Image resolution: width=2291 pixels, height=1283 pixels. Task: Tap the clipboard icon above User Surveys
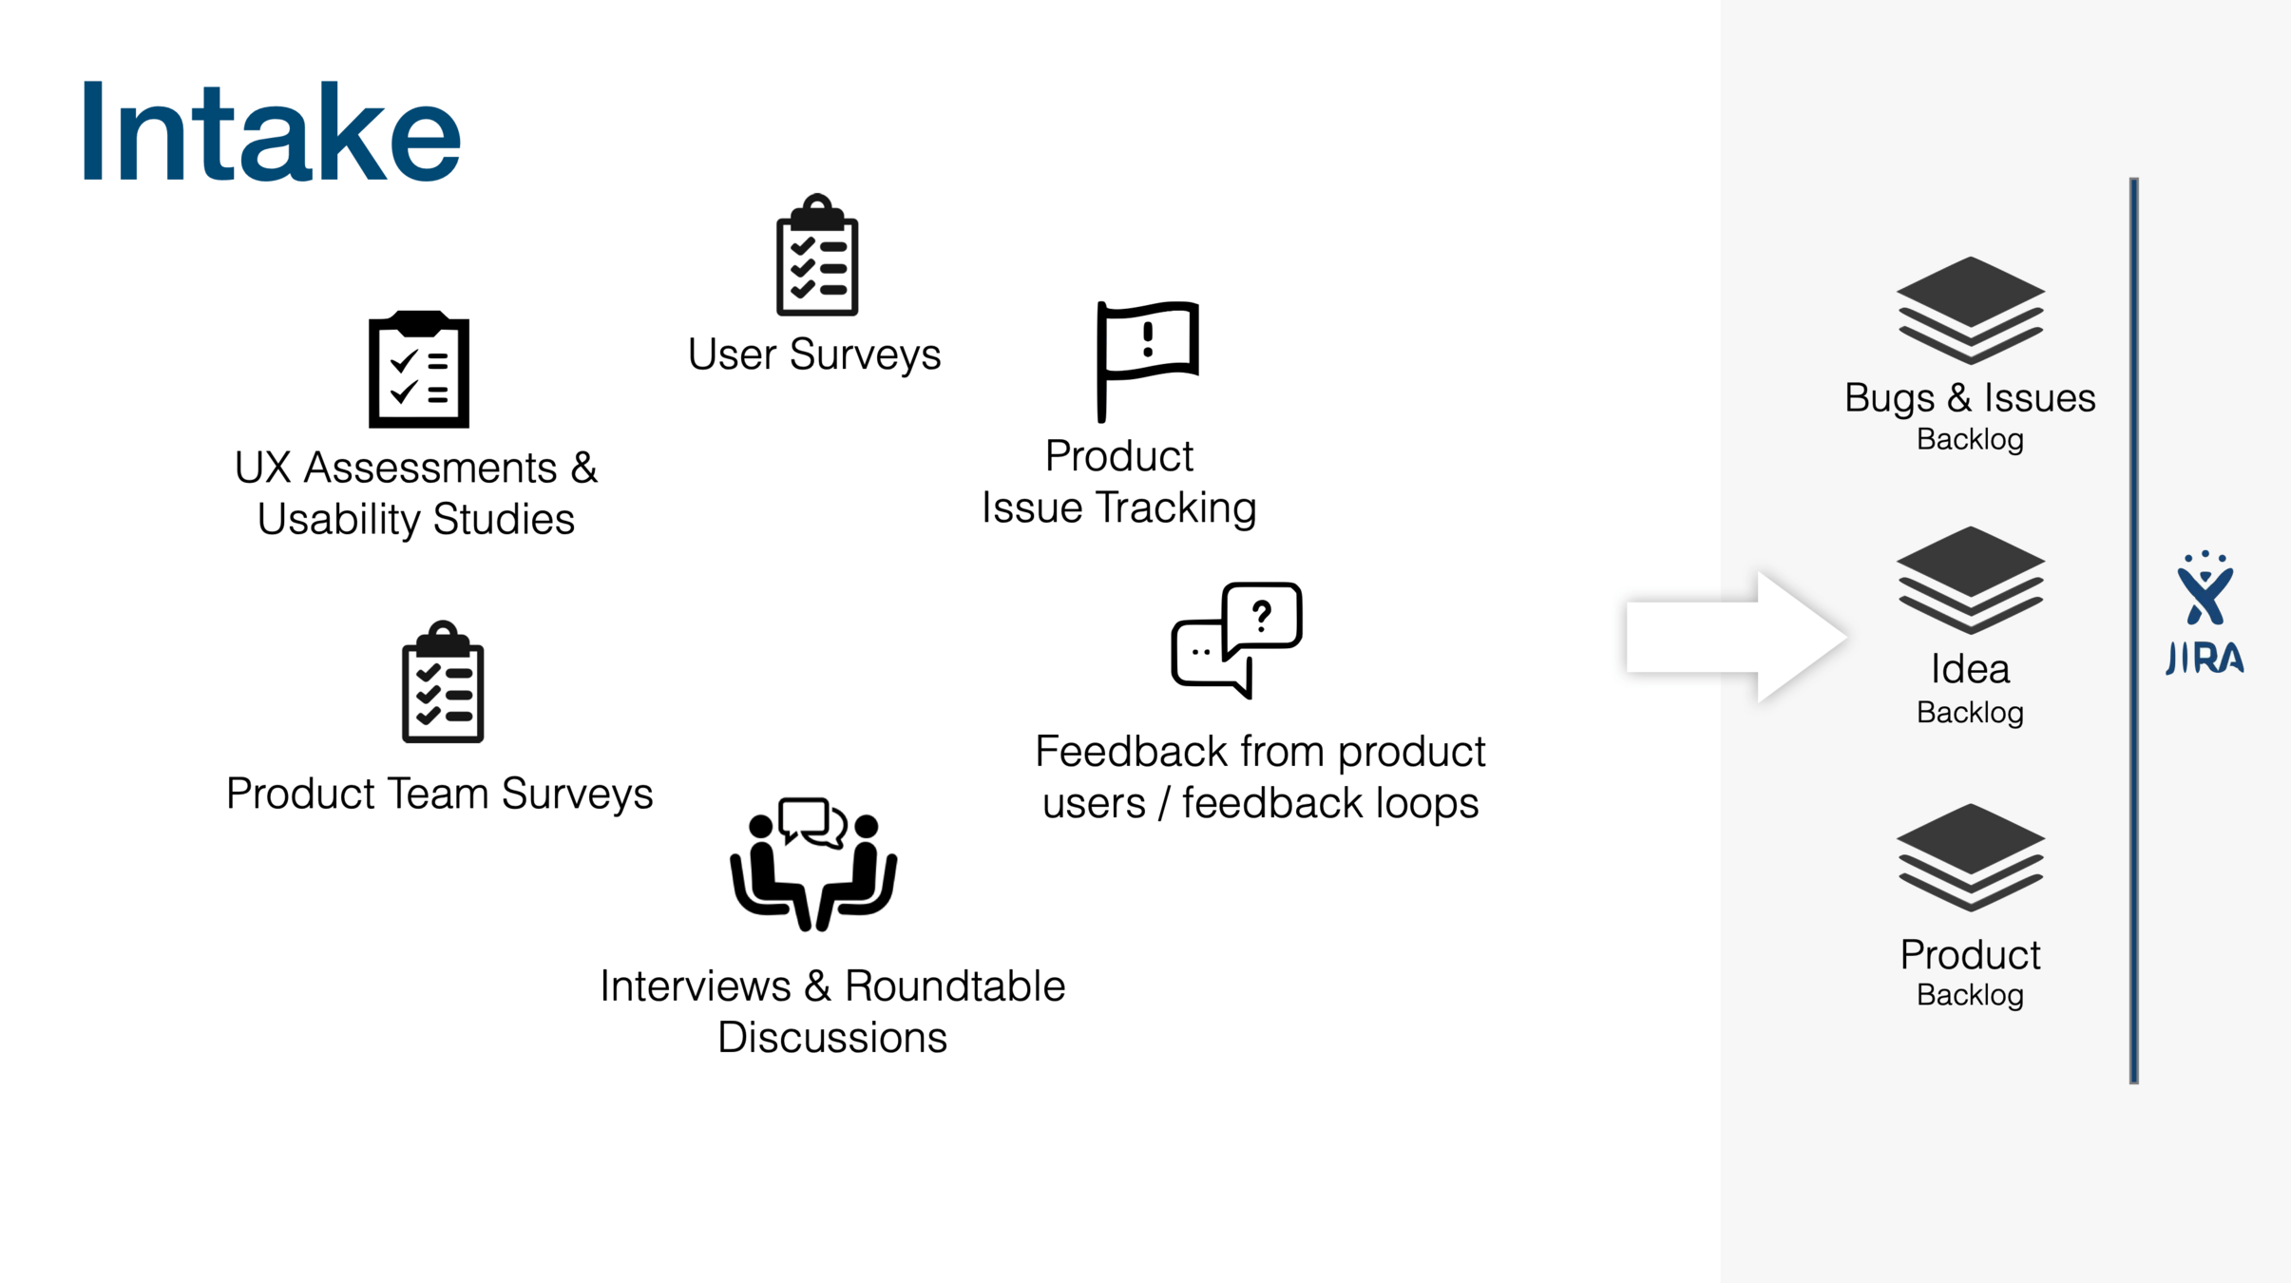pyautogui.click(x=817, y=257)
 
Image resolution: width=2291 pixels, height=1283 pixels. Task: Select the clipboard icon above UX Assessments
pyautogui.click(x=419, y=370)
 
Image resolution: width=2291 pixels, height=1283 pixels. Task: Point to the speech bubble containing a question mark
pyautogui.click(x=1263, y=618)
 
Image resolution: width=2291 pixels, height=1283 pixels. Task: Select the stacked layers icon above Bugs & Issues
pyautogui.click(x=1970, y=310)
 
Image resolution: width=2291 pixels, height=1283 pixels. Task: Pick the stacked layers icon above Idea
pyautogui.click(x=1970, y=580)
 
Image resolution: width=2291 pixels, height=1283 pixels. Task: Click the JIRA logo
pyautogui.click(x=2205, y=614)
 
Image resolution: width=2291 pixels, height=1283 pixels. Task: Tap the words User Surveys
pyautogui.click(x=813, y=354)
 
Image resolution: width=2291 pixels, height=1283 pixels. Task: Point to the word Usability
pyautogui.click(x=338, y=520)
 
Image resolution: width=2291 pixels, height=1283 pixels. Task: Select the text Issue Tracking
pyautogui.click(x=1118, y=507)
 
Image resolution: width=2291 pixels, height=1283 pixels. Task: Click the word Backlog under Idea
pyautogui.click(x=1970, y=712)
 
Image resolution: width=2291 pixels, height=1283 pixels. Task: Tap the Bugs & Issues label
pyautogui.click(x=1970, y=397)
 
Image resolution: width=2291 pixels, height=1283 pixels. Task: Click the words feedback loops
pyautogui.click(x=1330, y=803)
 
